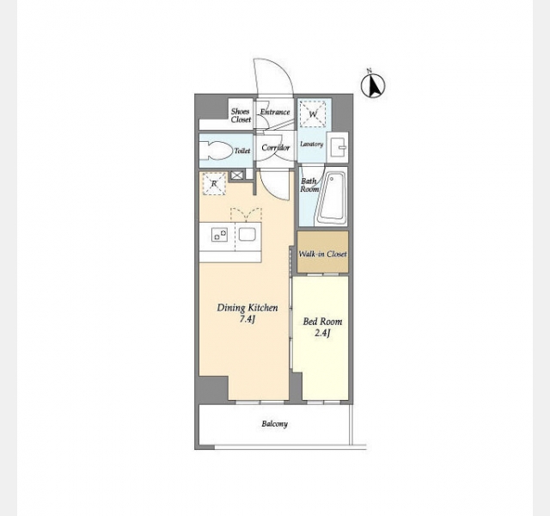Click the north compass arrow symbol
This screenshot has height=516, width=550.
point(373,85)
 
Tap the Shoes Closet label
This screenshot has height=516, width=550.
point(241,115)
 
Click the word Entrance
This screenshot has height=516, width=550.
point(275,112)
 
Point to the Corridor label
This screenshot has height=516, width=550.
point(276,148)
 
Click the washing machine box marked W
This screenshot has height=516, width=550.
point(313,114)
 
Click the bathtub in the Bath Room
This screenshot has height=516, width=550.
point(332,197)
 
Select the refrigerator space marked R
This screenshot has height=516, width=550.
point(214,183)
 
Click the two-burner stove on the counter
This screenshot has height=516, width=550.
point(219,235)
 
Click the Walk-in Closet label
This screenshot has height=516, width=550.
point(322,254)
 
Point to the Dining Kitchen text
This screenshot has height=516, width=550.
point(247,308)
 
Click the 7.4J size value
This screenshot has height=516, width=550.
point(247,319)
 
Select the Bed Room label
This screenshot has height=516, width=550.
point(322,322)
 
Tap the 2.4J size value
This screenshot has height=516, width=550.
point(322,333)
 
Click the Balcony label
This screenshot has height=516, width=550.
point(275,424)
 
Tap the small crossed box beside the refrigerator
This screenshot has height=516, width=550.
point(237,175)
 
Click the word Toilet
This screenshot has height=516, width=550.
point(242,151)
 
